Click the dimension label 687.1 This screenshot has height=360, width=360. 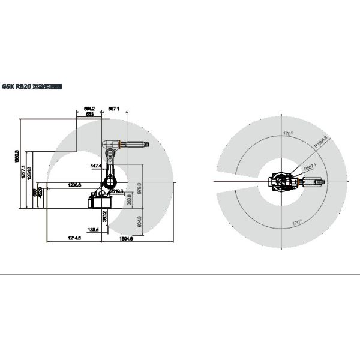(x=114, y=109)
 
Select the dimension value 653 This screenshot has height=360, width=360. (x=89, y=113)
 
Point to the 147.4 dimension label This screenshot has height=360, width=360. (x=95, y=166)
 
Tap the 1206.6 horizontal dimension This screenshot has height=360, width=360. (x=75, y=185)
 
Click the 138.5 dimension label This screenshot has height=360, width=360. (x=92, y=229)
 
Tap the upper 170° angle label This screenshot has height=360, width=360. (x=287, y=133)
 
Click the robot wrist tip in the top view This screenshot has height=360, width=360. (x=325, y=182)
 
